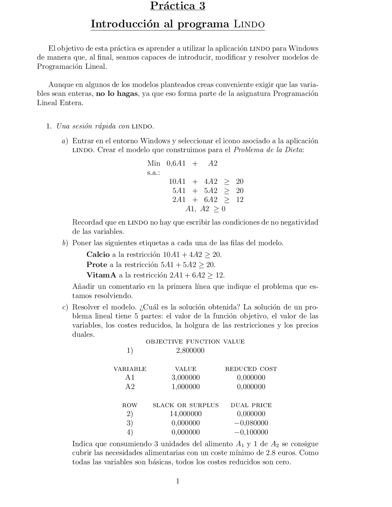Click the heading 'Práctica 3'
point(177,6)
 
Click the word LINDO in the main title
point(249,24)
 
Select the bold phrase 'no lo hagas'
point(117,94)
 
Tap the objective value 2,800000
point(190,350)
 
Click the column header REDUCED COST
point(251,369)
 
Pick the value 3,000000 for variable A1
point(186,377)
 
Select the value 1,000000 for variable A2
point(186,387)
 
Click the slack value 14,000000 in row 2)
point(186,414)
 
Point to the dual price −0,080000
point(251,423)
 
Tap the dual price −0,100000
point(251,432)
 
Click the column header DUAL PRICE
point(251,405)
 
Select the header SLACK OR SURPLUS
point(186,405)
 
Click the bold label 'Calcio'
point(98,254)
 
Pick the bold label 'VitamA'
point(101,275)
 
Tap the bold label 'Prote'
point(97,265)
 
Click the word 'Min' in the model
point(153,163)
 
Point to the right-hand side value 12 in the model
point(240,200)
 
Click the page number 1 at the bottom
point(178,481)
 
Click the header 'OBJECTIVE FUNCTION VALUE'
point(195,342)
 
